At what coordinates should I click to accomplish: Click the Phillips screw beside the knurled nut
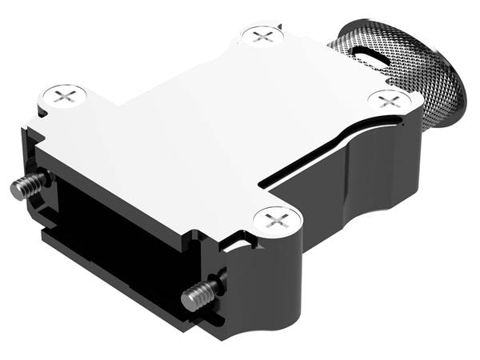point(390,101)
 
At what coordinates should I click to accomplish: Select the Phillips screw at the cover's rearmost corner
point(262,35)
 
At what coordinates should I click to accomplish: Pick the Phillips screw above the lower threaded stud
point(276,218)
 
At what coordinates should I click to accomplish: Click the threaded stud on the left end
point(26,188)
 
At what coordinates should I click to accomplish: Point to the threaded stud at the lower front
point(196,297)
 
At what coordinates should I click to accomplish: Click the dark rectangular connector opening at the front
point(112,232)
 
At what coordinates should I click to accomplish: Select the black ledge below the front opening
point(120,272)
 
